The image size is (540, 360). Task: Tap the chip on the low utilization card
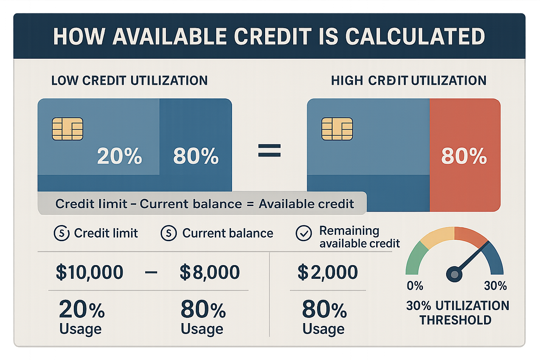[x=67, y=129]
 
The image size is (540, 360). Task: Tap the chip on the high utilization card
[x=337, y=129]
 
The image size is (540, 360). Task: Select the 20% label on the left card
[x=120, y=156]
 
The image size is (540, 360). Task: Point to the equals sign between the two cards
[x=270, y=150]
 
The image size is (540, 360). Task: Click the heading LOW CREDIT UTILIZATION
[x=129, y=81]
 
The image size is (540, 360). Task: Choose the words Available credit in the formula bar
[x=306, y=204]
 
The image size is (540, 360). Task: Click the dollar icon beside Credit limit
[x=62, y=233]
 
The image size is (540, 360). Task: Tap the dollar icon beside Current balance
[x=169, y=233]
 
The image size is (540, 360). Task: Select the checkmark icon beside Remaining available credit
[x=304, y=233]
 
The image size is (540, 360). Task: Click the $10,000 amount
[x=90, y=272]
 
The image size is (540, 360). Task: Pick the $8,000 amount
[x=210, y=272]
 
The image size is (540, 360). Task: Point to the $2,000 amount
[x=328, y=272]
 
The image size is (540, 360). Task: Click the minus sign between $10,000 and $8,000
[x=151, y=272]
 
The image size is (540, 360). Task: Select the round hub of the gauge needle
[x=454, y=274]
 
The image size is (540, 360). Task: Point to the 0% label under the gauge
[x=415, y=285]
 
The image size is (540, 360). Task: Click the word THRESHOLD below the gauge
[x=455, y=320]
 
